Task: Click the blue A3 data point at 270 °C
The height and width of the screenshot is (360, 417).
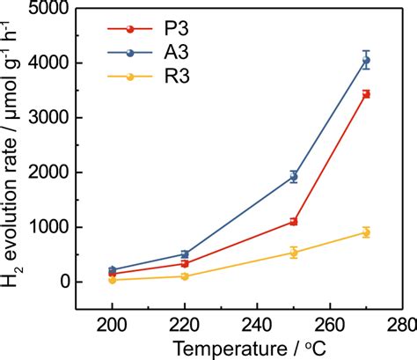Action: pyautogui.click(x=366, y=61)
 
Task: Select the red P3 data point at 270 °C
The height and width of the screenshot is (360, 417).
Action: pyautogui.click(x=366, y=93)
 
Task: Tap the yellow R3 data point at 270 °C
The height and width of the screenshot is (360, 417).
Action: pyautogui.click(x=366, y=232)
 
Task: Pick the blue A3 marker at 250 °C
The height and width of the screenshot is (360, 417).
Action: pyautogui.click(x=294, y=176)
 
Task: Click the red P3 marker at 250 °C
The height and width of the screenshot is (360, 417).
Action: pyautogui.click(x=294, y=222)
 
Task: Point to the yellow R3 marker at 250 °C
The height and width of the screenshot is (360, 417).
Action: pyautogui.click(x=294, y=253)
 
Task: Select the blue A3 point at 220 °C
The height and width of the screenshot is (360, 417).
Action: pyautogui.click(x=185, y=254)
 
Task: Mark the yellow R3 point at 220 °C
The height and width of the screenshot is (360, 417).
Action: pyautogui.click(x=185, y=276)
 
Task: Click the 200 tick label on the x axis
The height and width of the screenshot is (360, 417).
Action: pyautogui.click(x=113, y=323)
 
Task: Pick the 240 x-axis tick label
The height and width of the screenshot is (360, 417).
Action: pyautogui.click(x=258, y=323)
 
